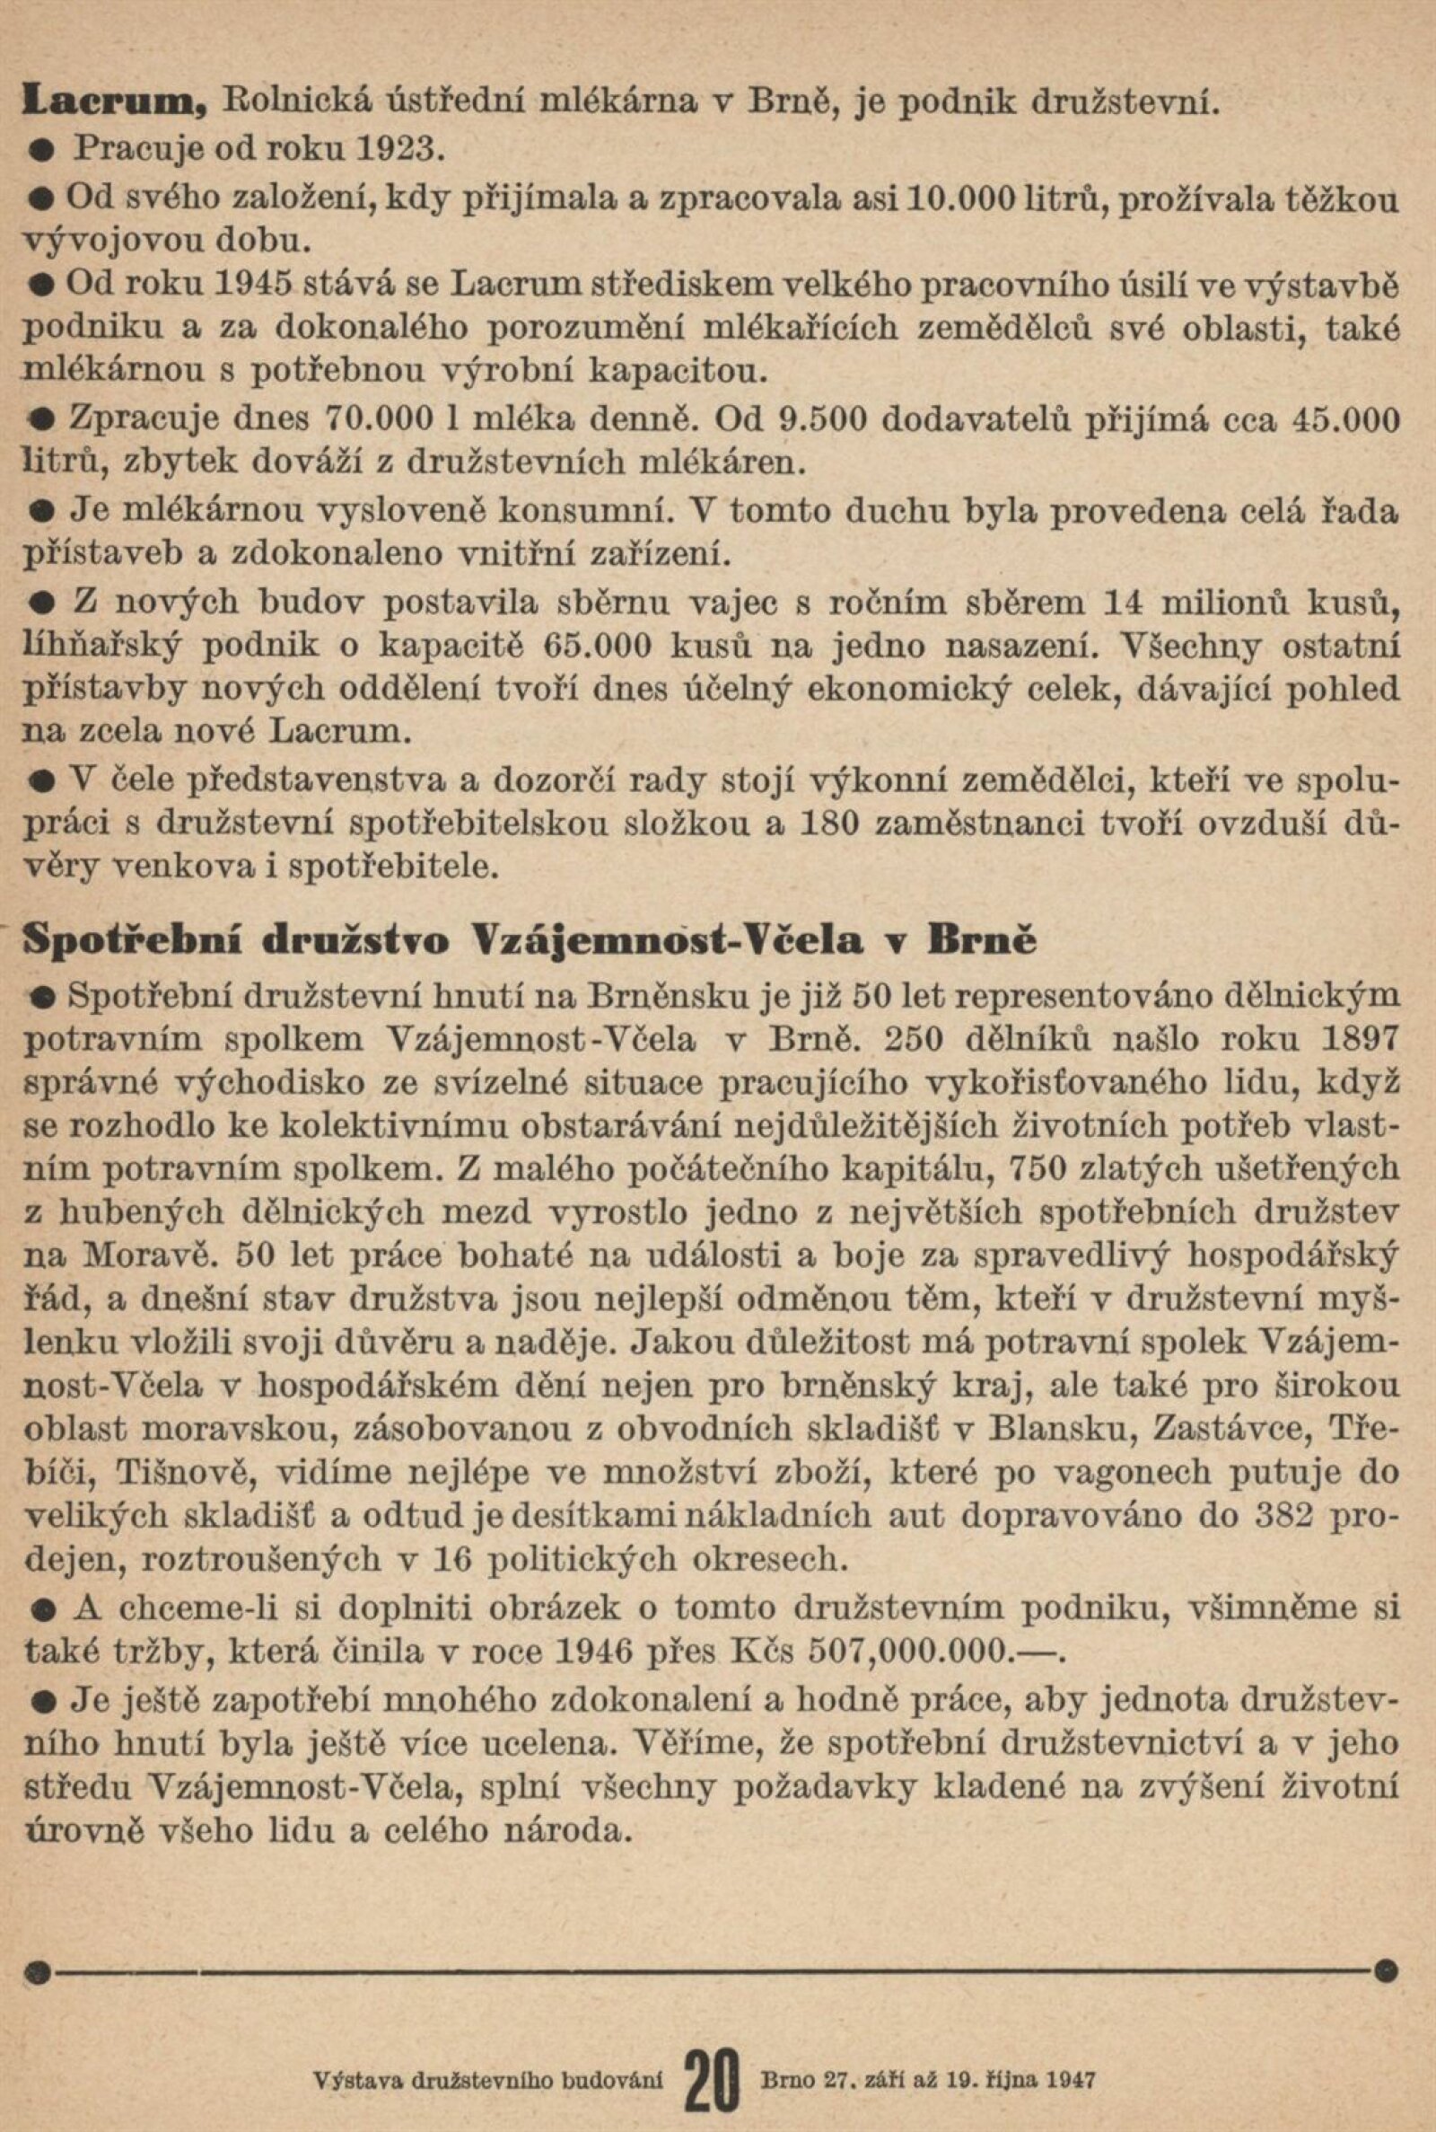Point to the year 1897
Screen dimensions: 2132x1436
(1356, 1038)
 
